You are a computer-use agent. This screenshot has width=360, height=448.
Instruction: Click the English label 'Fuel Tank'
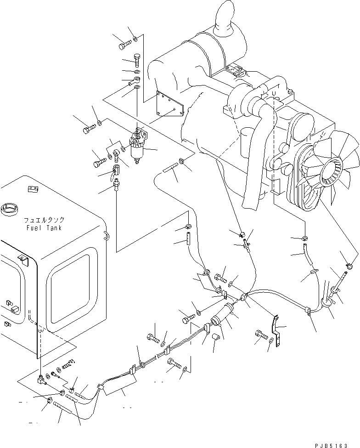click(x=44, y=228)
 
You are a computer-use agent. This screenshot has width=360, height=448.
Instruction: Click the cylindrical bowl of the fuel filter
click(x=137, y=151)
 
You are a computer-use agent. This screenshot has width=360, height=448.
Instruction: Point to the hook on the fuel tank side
click(x=106, y=236)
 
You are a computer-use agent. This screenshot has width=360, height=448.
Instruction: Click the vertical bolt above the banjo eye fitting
click(x=137, y=60)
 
